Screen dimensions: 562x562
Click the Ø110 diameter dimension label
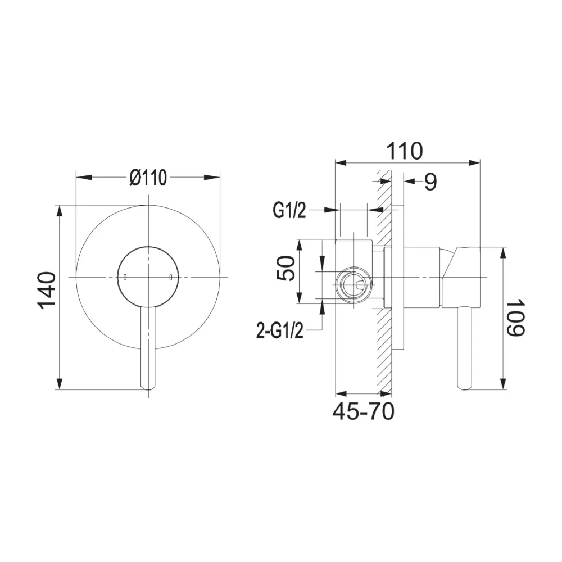coord(148,178)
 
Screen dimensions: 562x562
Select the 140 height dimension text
coord(48,291)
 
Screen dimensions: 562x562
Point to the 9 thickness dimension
coord(430,182)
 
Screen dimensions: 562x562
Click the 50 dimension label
coord(287,268)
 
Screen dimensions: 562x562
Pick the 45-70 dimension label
coord(363,411)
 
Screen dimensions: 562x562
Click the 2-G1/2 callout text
coord(280,330)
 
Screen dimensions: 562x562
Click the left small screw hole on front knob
coord(125,277)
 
